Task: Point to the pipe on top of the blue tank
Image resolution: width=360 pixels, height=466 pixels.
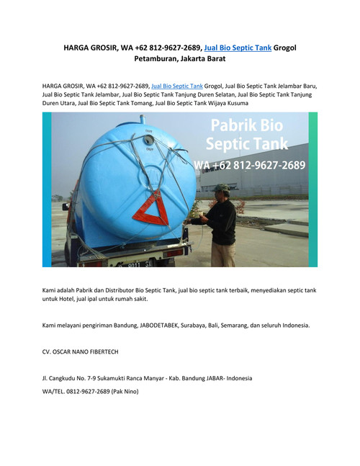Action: coord(143,117)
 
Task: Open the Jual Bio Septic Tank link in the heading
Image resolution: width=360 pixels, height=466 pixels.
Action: coord(238,48)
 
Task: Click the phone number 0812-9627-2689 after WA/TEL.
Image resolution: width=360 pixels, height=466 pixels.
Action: coord(86,391)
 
